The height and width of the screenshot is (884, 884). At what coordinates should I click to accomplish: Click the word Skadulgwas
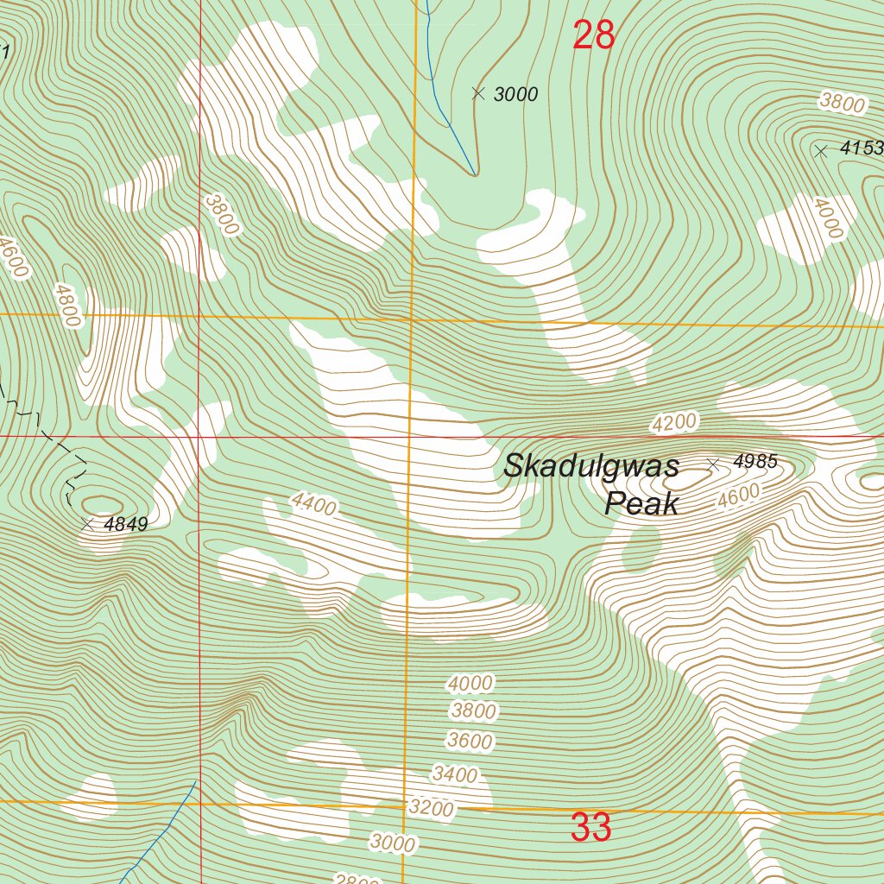[x=591, y=466]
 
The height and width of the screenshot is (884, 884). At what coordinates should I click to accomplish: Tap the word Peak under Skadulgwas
[x=641, y=503]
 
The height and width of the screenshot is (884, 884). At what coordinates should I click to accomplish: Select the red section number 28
[x=594, y=36]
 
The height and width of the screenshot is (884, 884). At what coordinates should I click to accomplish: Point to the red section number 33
[x=591, y=828]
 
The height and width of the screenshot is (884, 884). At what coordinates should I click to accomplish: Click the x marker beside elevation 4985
[x=713, y=464]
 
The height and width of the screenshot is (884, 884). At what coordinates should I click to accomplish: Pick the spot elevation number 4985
[x=755, y=463]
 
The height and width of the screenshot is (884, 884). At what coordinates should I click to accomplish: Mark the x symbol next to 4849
[x=86, y=524]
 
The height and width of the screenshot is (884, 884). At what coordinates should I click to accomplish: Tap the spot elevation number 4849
[x=125, y=524]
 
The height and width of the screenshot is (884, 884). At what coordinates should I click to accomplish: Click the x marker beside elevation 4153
[x=821, y=151]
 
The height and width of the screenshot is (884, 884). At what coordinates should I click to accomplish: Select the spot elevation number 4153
[x=862, y=148]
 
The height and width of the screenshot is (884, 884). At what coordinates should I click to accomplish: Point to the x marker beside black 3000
[x=478, y=93]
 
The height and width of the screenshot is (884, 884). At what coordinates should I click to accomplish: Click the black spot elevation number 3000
[x=516, y=95]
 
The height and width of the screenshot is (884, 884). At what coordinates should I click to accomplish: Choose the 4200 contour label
[x=674, y=423]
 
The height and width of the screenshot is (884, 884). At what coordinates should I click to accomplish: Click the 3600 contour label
[x=470, y=741]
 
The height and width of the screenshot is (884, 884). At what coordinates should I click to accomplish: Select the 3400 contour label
[x=455, y=774]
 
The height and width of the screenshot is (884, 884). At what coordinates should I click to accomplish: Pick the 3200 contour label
[x=432, y=808]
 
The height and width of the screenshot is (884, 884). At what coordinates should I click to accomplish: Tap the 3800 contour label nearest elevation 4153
[x=842, y=104]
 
